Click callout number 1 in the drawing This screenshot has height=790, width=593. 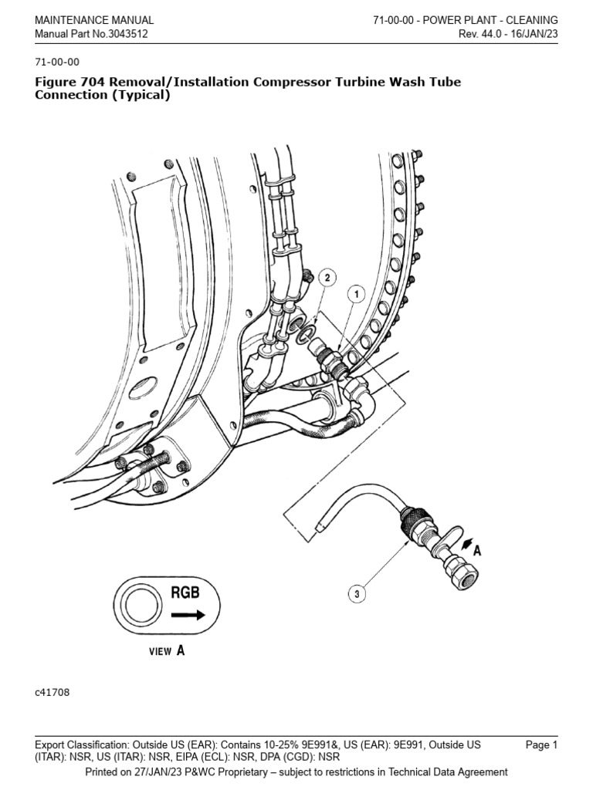(356, 294)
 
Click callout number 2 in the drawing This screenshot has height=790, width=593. (326, 277)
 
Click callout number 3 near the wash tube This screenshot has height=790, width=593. (356, 593)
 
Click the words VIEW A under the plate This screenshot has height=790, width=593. (167, 650)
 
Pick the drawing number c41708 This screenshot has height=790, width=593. (53, 692)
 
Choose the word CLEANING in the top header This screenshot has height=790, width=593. (530, 20)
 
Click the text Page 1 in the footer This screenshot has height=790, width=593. (541, 744)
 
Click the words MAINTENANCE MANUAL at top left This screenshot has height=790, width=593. (94, 20)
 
